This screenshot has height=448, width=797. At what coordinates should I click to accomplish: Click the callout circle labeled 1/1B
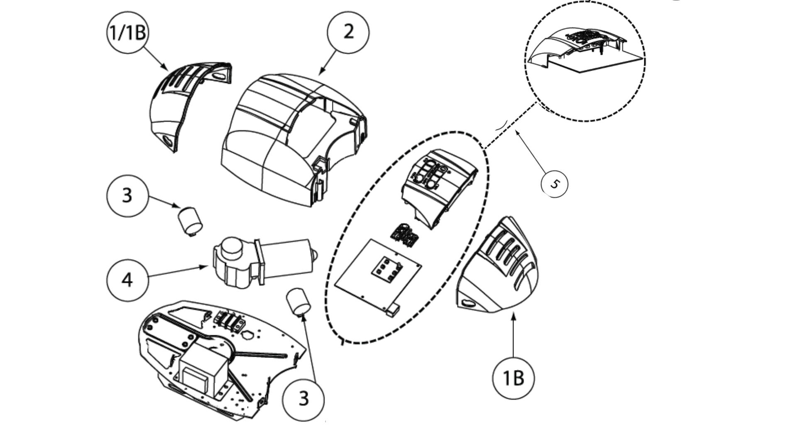[127, 32]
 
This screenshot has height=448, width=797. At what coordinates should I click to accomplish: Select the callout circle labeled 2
[348, 32]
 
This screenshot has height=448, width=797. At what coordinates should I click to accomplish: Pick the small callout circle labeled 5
[555, 184]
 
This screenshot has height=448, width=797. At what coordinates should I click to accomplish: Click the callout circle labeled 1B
[513, 378]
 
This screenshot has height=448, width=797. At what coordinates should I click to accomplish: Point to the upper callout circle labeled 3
[127, 195]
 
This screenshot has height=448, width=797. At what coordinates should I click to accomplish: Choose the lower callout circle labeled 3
[303, 399]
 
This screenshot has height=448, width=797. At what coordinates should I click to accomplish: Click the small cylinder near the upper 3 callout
[190, 219]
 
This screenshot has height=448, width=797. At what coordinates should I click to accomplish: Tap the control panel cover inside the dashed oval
[438, 185]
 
